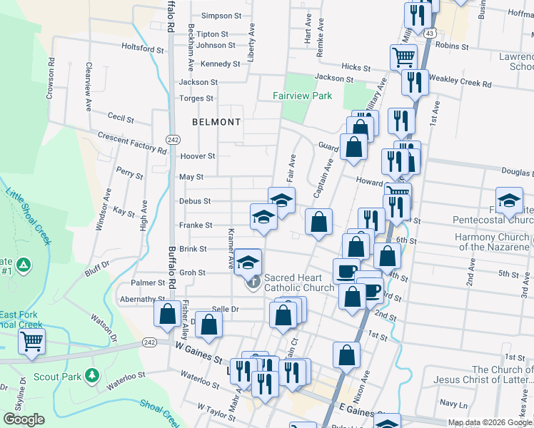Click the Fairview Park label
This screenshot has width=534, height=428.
tap(303, 96)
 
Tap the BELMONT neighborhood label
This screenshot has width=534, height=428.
tap(216, 122)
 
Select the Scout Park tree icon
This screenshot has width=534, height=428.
tap(91, 374)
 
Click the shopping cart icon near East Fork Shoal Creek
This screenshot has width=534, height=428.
tap(31, 343)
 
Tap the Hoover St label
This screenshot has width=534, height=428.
tap(198, 156)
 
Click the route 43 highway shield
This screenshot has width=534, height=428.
tap(429, 34)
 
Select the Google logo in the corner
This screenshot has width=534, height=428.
tap(24, 419)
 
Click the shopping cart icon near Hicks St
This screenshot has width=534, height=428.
tap(403, 57)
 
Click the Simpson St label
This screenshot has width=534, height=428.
tap(217, 16)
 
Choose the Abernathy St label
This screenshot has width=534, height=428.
tap(143, 299)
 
